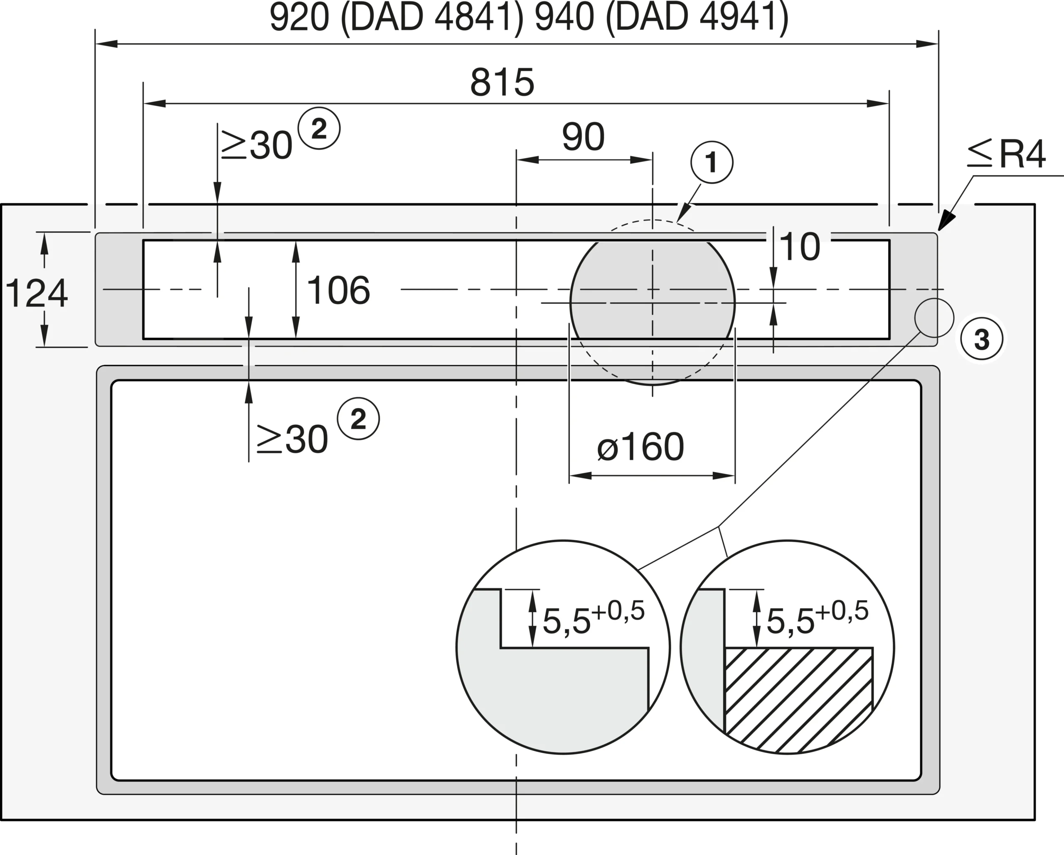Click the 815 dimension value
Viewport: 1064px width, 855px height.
pyautogui.click(x=502, y=82)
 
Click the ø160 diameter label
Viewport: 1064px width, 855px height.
pyautogui.click(x=640, y=447)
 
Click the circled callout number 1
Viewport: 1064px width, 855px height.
pyautogui.click(x=712, y=162)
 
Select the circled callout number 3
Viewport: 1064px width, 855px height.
pyautogui.click(x=982, y=339)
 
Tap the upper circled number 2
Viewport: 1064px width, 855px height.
pyautogui.click(x=319, y=128)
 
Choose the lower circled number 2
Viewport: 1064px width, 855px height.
pyautogui.click(x=358, y=419)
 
